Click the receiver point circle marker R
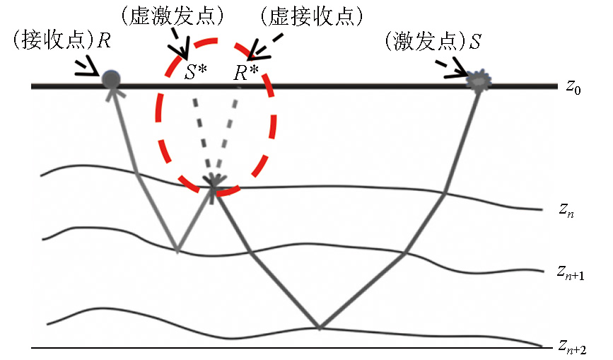(111, 79)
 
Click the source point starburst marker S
(480, 80)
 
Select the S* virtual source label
(195, 72)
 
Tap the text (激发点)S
(432, 40)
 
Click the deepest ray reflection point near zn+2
(320, 328)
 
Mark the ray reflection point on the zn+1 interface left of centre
(177, 251)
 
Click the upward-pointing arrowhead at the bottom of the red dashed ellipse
(214, 182)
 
